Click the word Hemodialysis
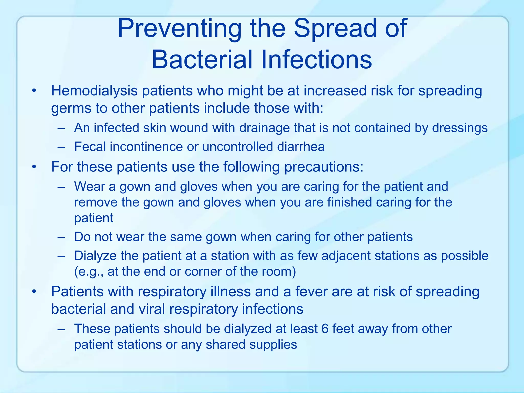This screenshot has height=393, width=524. pos(94,91)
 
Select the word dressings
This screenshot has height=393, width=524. pos(460,128)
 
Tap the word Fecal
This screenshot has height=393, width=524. pos(90,147)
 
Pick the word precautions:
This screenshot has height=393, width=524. pos(324,167)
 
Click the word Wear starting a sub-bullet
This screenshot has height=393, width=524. pos(89,187)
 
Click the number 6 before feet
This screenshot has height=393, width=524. pos(325,329)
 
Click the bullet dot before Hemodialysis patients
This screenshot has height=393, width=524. pos(34,91)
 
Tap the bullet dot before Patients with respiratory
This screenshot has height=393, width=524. pos(34,292)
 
